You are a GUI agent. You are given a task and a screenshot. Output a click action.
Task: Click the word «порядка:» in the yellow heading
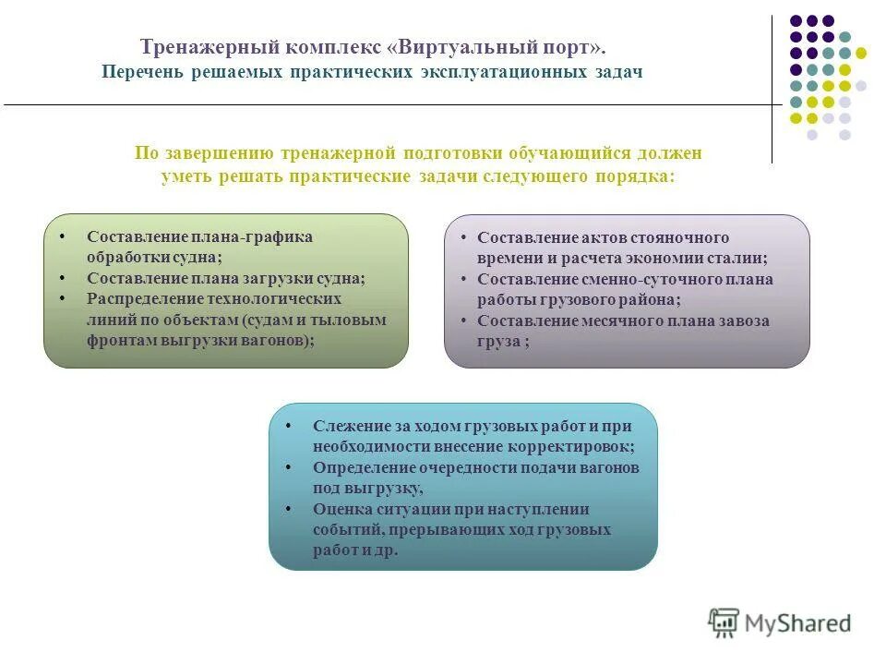point(632,176)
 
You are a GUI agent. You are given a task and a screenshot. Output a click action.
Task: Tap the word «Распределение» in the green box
point(144,298)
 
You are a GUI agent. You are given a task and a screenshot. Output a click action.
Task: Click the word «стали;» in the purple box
point(744,259)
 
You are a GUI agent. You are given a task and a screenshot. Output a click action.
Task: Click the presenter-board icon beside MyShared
point(724,623)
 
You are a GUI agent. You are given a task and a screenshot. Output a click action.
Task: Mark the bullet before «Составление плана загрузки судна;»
point(63,278)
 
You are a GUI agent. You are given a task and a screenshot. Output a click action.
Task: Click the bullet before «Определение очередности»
point(289,467)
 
